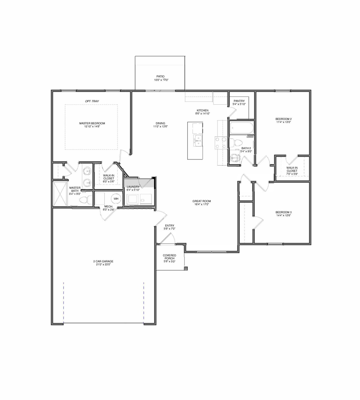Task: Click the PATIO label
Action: (160, 76)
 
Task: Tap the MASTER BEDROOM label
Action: (92, 123)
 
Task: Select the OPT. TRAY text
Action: (92, 101)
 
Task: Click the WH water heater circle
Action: (116, 199)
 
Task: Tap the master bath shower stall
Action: (60, 194)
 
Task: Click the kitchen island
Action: (195, 141)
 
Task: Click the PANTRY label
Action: (239, 101)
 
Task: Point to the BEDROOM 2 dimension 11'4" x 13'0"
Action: (283, 122)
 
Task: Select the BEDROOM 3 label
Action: (283, 212)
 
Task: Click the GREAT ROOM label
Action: (202, 201)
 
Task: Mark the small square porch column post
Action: (186, 268)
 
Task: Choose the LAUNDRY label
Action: (133, 187)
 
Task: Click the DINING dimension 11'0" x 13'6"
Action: (160, 126)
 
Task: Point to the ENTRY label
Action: (169, 226)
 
